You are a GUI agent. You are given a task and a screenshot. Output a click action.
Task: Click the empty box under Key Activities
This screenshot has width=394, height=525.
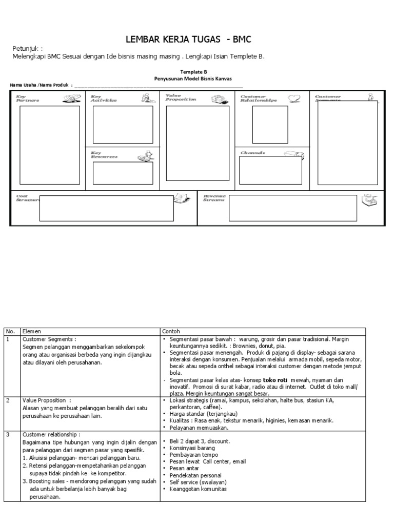(x=123, y=124)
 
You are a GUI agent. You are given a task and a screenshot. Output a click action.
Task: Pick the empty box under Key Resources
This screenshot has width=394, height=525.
(x=123, y=173)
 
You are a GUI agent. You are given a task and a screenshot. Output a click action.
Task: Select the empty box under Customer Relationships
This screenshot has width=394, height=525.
(x=270, y=124)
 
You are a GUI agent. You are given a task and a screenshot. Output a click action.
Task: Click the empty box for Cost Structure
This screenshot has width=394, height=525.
(x=106, y=208)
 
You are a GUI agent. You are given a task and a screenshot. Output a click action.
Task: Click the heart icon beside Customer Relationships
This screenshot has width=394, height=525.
(x=293, y=98)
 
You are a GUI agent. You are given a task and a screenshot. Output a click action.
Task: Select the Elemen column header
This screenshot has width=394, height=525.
(x=30, y=331)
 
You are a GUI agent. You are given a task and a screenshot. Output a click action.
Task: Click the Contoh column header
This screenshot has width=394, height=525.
(x=171, y=331)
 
